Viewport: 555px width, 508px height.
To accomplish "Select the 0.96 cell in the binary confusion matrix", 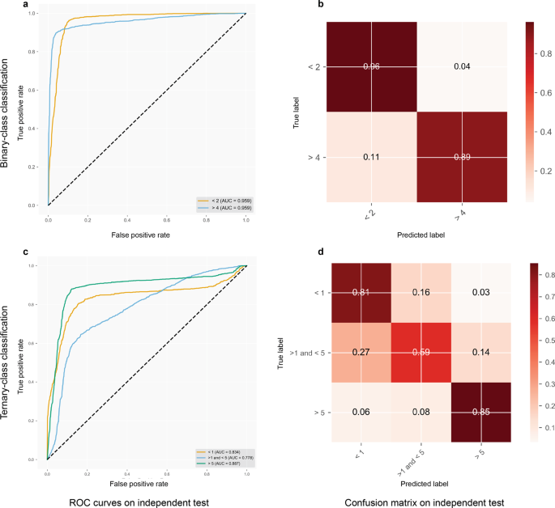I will pyautogui.click(x=371, y=66).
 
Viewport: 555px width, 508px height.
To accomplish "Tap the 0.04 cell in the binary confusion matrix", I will pyautogui.click(x=462, y=66).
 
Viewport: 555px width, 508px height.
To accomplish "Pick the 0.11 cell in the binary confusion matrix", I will pyautogui.click(x=371, y=156).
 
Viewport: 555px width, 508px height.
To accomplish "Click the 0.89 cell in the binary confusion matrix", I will pyautogui.click(x=462, y=156).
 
